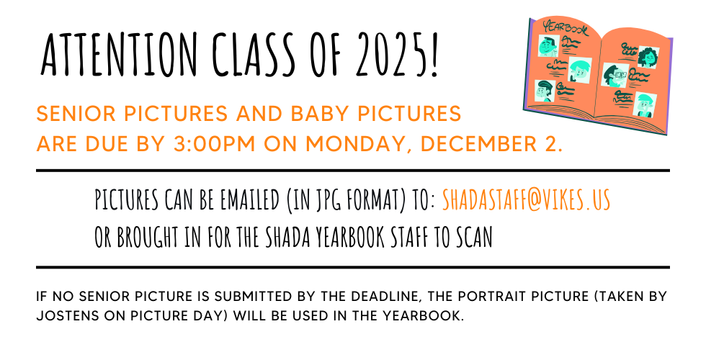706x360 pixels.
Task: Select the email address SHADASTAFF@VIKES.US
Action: pos(527,200)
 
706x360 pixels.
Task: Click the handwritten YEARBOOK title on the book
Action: pos(566,28)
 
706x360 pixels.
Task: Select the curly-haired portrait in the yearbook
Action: pos(648,58)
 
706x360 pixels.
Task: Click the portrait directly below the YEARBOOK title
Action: pos(549,46)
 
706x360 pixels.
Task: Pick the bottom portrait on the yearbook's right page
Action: pos(644,106)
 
